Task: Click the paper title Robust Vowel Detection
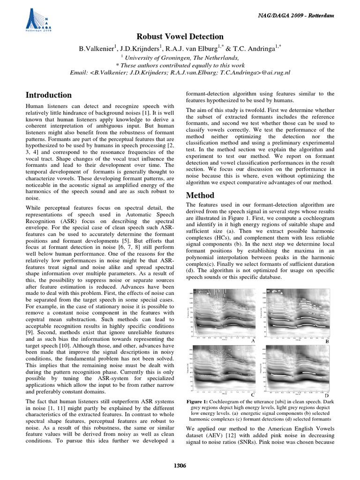pyautogui.click(x=180, y=37)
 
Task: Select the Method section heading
pyautogui.click(x=200, y=195)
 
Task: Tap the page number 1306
pyautogui.click(x=180, y=465)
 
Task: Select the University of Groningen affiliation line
pyautogui.click(x=180, y=56)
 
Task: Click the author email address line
pyautogui.click(x=180, y=73)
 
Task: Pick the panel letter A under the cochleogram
pyautogui.click(x=253, y=342)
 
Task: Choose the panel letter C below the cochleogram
pyautogui.click(x=253, y=395)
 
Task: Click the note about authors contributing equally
pyautogui.click(x=180, y=65)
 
